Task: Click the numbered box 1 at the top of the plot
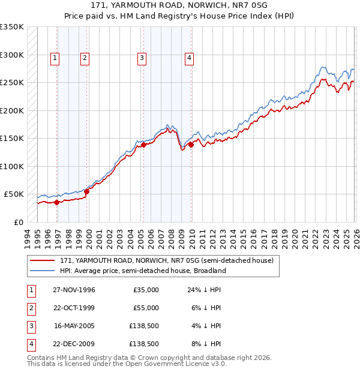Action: tap(55, 58)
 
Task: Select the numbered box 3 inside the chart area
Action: tap(142, 58)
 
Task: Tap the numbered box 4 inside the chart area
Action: tap(188, 58)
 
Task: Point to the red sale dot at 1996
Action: tap(57, 202)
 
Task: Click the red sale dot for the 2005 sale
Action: tap(144, 145)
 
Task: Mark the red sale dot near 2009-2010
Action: tap(191, 145)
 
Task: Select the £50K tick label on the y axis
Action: tap(14, 194)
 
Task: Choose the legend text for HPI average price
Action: tap(143, 271)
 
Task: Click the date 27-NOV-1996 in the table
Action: tap(74, 290)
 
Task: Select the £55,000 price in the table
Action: tap(146, 308)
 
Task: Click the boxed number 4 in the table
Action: tap(30, 344)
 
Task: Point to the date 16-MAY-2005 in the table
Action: tap(74, 326)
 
